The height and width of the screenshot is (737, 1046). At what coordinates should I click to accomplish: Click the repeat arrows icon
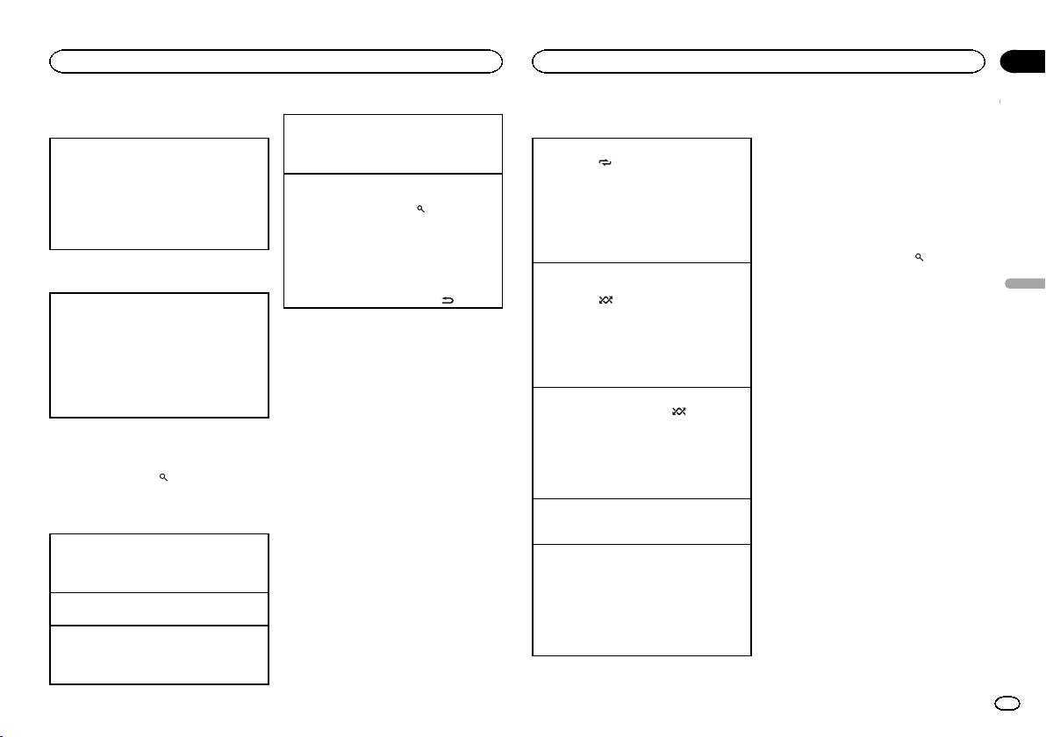click(x=604, y=163)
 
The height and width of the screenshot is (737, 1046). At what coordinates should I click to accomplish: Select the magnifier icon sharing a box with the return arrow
click(x=421, y=209)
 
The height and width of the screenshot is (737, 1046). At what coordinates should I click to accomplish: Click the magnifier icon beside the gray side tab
click(x=919, y=257)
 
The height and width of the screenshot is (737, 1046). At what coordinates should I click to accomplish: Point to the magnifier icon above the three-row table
click(x=163, y=476)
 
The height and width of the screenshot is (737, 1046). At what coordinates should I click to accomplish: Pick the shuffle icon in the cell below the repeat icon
click(x=605, y=300)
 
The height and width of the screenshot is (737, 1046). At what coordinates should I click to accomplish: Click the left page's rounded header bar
click(x=276, y=61)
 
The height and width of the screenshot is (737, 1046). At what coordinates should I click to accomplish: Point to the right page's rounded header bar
click(x=758, y=61)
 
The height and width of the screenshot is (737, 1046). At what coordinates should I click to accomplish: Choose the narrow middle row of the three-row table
click(x=159, y=608)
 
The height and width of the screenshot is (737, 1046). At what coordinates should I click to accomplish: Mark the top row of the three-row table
click(x=159, y=562)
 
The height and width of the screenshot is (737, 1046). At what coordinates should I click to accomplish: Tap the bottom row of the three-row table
click(x=159, y=654)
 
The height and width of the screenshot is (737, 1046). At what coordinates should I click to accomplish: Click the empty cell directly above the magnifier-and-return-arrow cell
click(x=393, y=143)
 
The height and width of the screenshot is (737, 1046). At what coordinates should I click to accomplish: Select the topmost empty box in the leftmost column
click(x=159, y=193)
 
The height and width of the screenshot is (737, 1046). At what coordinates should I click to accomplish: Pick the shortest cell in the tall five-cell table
click(x=642, y=521)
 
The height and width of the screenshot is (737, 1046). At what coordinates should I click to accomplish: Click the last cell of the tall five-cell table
click(x=642, y=599)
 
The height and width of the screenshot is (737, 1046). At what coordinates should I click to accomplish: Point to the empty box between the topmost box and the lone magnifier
click(x=159, y=354)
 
